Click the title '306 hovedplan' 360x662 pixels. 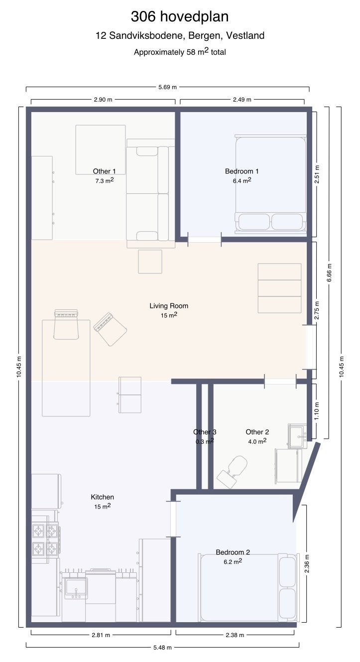180,16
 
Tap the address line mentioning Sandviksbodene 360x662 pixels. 180,36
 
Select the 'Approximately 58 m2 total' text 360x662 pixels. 180,52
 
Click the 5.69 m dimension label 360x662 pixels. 167,87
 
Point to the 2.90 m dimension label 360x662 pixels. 103,100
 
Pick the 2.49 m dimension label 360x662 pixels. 242,100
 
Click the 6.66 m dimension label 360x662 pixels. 329,272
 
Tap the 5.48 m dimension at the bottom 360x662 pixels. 162,648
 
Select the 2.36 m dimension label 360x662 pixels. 307,563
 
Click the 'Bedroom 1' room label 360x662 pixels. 242,171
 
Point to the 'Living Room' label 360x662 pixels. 169,306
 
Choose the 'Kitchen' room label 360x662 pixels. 102,497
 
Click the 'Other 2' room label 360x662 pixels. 257,432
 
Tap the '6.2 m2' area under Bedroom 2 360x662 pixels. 233,561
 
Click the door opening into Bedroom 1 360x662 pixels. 205,240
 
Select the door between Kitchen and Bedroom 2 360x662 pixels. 173,519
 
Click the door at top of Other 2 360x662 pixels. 280,381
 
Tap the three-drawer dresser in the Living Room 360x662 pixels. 280,288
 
